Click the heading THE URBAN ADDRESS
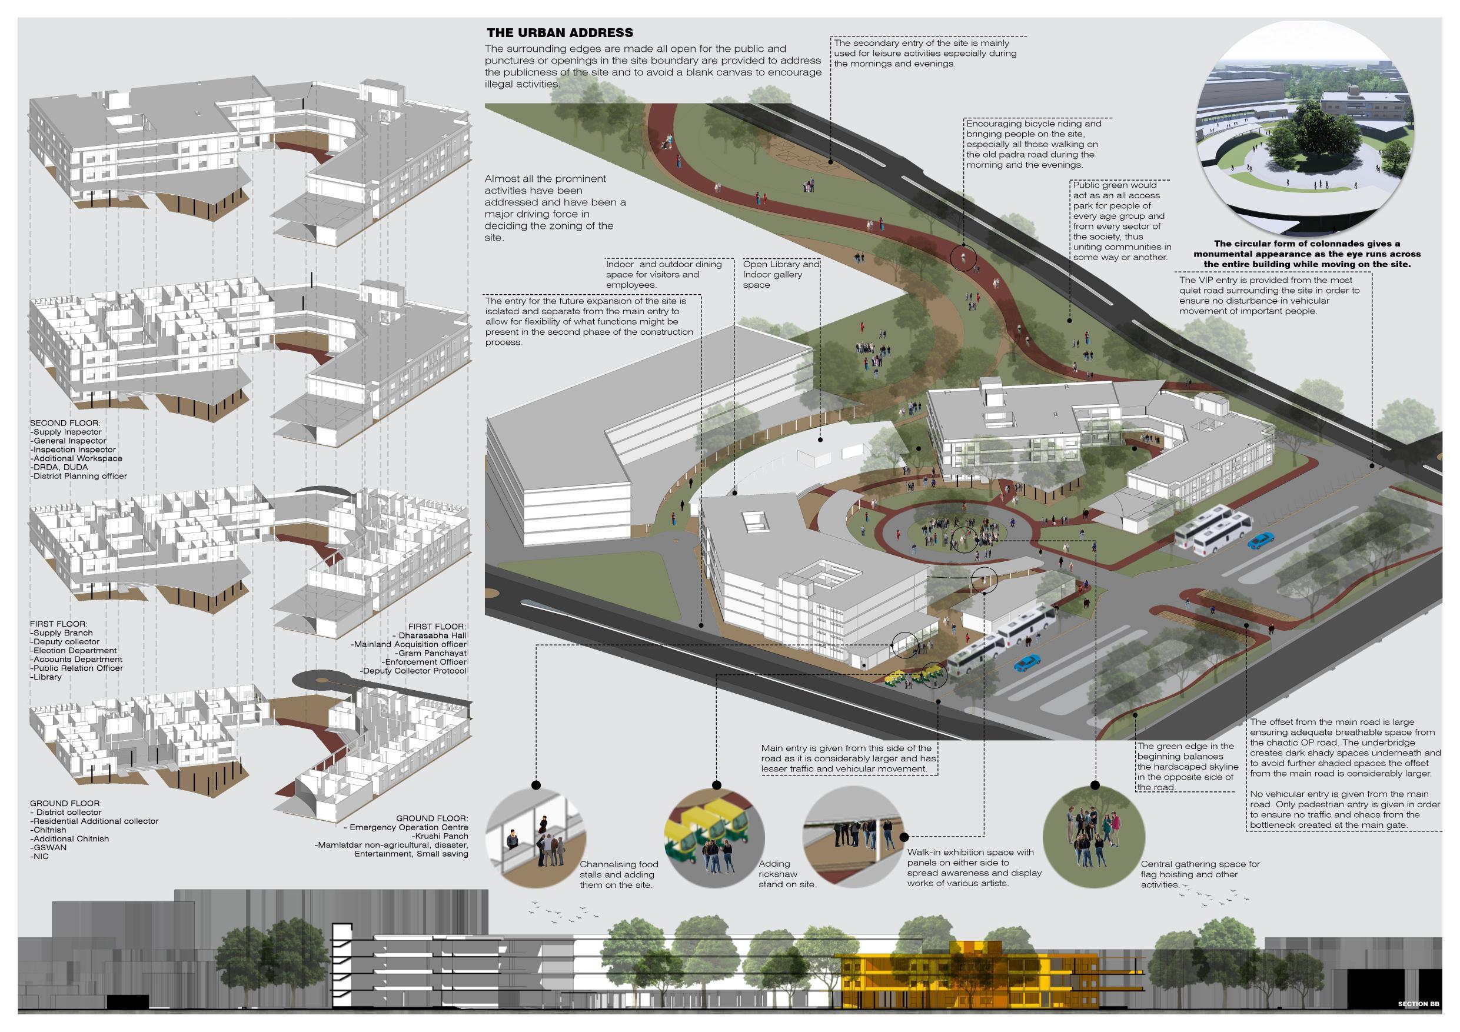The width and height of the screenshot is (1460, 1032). click(x=560, y=33)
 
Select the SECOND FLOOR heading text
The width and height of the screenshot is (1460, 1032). click(x=65, y=423)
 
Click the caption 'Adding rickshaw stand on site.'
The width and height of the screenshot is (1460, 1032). click(x=787, y=874)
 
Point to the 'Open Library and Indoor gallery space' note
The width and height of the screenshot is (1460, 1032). click(x=781, y=275)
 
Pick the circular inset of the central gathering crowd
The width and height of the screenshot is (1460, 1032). click(x=1093, y=837)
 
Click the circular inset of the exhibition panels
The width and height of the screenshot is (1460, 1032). click(x=853, y=837)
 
